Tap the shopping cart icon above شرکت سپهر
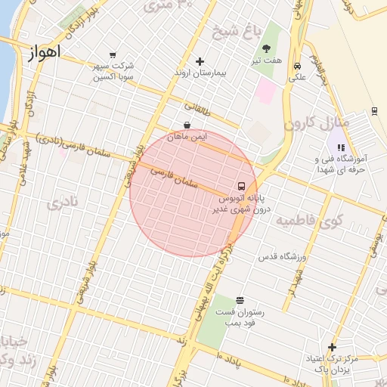click(x=113, y=54)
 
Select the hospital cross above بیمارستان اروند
click(x=200, y=61)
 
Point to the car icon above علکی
click(x=298, y=65)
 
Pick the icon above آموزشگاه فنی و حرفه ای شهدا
click(x=341, y=147)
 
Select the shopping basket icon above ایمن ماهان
click(x=187, y=125)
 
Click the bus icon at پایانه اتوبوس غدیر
click(x=241, y=186)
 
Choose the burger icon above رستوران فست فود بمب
click(x=240, y=300)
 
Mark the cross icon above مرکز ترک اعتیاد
click(x=331, y=347)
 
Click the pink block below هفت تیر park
click(x=265, y=91)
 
